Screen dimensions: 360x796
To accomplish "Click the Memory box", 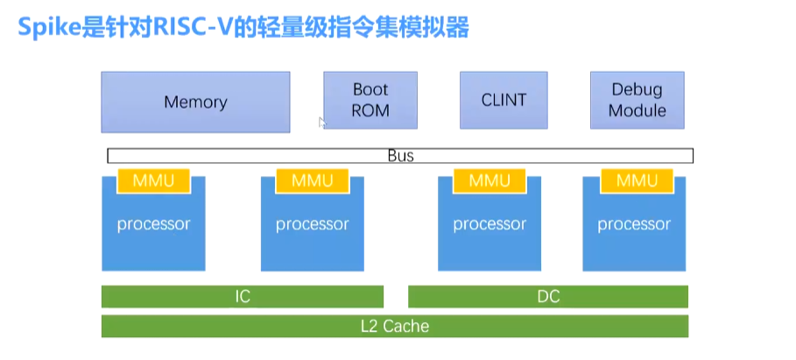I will coord(195,102).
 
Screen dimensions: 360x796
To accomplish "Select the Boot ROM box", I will coord(370,100).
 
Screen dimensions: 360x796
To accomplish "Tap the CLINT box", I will coord(504,100).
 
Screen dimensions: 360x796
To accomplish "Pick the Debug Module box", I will coord(637,100).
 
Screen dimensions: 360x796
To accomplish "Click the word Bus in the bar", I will coord(400,156).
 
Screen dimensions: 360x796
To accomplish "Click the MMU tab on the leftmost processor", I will coord(153,180).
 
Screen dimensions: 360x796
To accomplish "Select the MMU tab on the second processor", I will coord(312,180).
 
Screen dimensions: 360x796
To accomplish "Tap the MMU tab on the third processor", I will coord(490,180).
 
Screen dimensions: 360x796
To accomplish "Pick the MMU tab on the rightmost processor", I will coord(637,180).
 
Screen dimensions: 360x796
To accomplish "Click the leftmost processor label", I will coord(153,224).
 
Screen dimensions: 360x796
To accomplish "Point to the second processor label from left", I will coord(312,224).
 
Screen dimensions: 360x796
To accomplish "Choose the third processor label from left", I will coord(490,224).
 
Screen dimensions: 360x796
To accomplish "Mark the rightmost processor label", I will coord(634,224).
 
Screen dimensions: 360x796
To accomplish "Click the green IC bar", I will coord(243,296).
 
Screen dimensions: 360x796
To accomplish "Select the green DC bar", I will coord(548,296).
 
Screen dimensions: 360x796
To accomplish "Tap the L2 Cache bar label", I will coord(395,326).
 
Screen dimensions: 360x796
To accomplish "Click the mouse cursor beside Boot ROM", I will coord(321,123).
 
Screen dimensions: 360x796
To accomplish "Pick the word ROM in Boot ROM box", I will coord(370,111).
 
